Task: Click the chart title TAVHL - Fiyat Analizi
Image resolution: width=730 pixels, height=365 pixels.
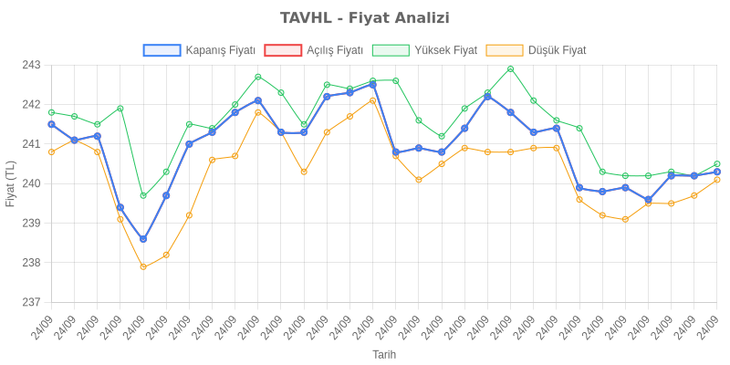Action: tap(365, 18)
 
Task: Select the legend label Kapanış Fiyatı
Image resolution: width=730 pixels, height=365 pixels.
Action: tap(220, 50)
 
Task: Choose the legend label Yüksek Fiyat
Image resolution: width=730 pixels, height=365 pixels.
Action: tap(445, 50)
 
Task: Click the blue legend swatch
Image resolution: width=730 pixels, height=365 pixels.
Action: tap(162, 50)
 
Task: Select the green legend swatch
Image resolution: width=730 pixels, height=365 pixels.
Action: tap(391, 50)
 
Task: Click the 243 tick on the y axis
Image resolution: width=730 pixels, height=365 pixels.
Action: tap(31, 66)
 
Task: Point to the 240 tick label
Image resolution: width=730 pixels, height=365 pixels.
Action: tap(31, 183)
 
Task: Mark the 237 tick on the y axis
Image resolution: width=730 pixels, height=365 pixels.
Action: tap(31, 302)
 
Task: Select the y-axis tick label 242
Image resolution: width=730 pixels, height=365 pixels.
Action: tap(31, 105)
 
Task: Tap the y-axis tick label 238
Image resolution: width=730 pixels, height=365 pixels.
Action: tap(31, 263)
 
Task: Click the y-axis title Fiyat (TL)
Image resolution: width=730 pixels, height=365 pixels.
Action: tap(11, 183)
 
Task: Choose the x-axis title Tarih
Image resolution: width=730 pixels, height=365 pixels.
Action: tap(384, 353)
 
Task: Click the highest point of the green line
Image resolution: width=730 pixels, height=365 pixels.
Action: tap(510, 68)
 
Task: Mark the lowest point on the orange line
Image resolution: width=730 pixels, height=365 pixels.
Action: tap(143, 266)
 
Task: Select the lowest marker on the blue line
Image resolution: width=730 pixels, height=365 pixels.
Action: tap(143, 239)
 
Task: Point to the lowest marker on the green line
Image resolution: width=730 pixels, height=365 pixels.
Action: tap(143, 195)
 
